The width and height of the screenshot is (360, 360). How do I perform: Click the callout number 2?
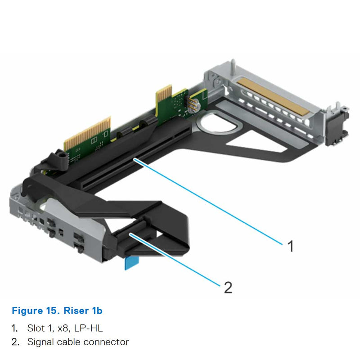point(228,287)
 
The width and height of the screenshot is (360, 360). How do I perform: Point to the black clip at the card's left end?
point(58,158)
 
